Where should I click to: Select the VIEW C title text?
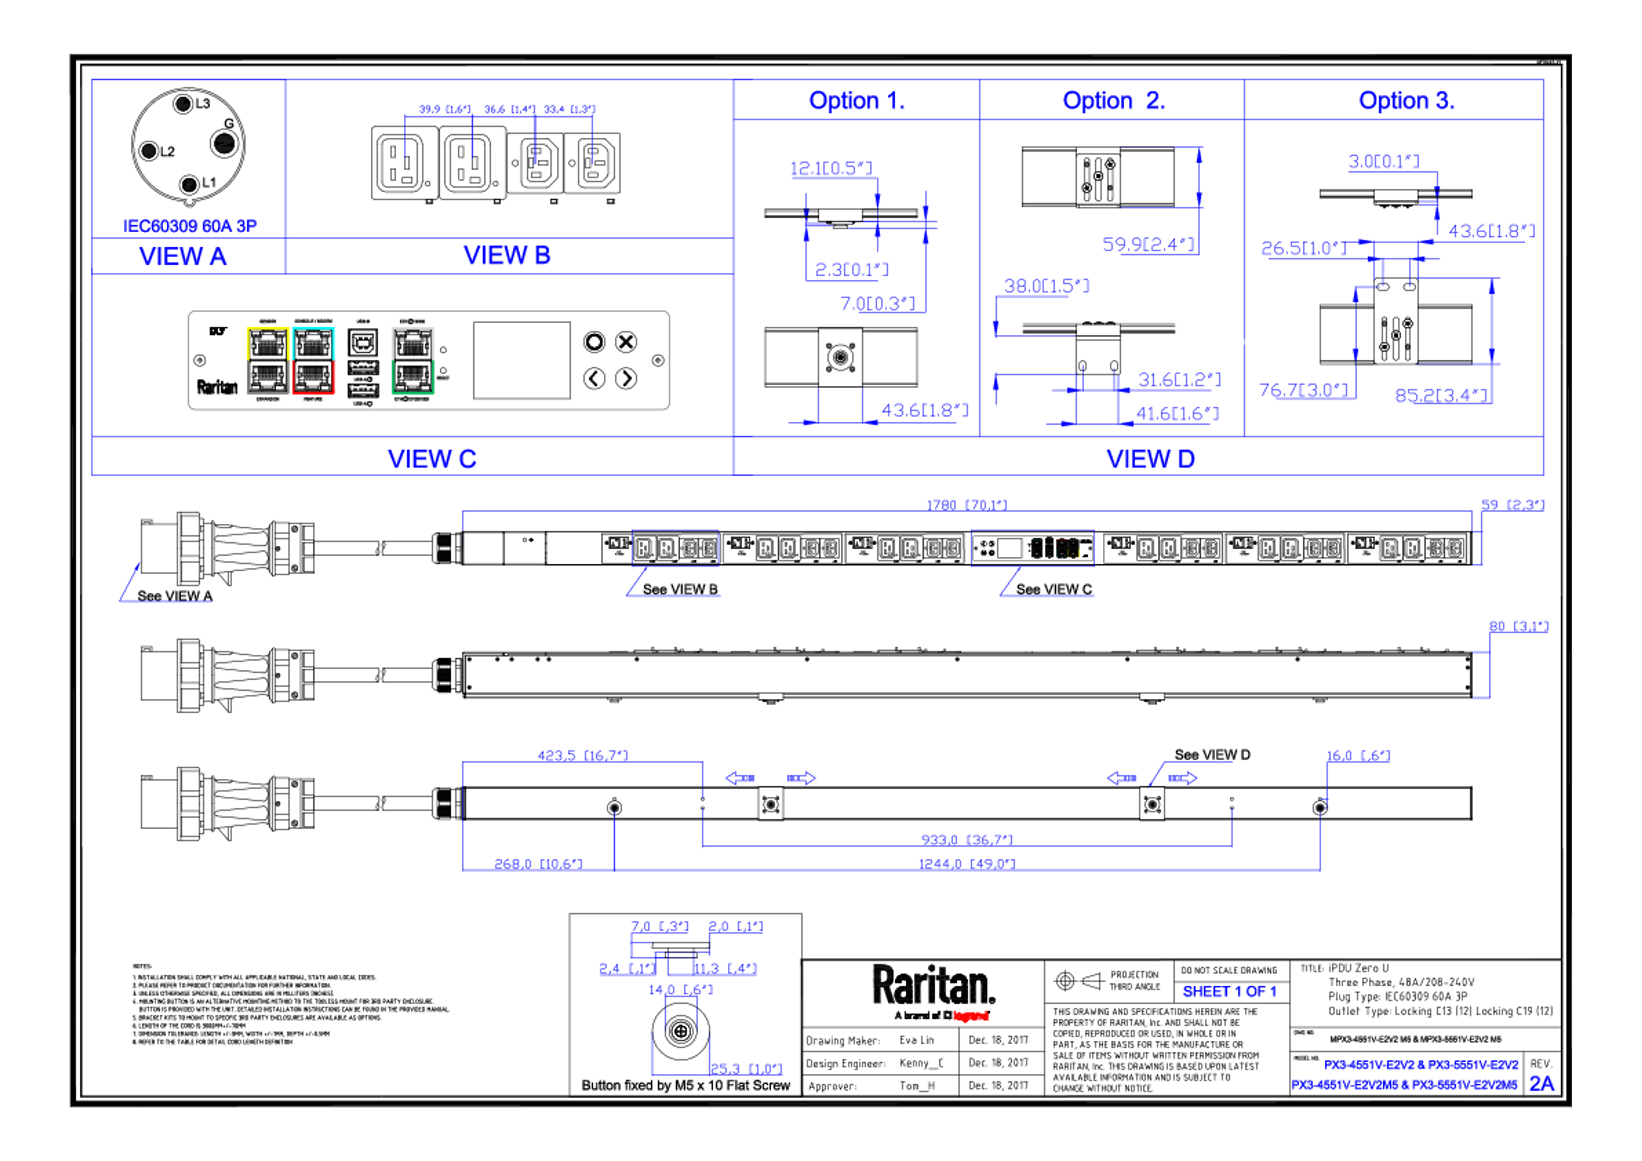click(432, 458)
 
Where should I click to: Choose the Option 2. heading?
click(1113, 100)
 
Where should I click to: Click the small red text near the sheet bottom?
click(971, 1016)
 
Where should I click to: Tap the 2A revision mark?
click(1541, 1084)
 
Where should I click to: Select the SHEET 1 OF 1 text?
click(1229, 992)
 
